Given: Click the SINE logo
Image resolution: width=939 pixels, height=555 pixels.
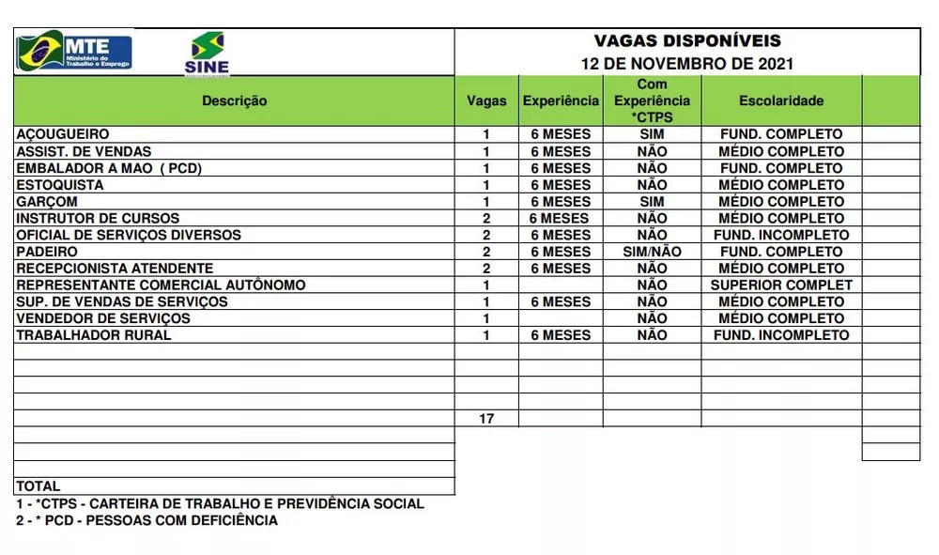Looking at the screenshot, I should (208, 53).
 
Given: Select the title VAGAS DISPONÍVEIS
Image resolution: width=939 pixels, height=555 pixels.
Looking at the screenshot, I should (687, 41).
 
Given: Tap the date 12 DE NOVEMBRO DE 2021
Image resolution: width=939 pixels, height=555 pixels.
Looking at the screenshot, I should (687, 64).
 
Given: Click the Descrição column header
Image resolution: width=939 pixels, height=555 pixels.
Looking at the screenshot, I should (234, 101).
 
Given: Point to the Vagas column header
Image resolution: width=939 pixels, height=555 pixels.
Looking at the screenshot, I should (486, 101).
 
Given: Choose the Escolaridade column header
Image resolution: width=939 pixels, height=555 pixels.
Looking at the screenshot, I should (780, 101).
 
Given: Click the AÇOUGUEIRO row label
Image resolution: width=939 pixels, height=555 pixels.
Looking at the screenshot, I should (63, 134).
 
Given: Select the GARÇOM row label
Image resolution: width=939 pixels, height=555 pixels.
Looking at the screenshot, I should (47, 202).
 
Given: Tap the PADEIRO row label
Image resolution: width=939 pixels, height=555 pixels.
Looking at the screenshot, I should (47, 252).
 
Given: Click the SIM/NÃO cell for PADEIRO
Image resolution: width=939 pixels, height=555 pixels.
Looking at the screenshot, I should (652, 252).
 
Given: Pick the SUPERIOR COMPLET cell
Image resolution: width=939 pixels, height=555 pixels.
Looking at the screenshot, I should (781, 285).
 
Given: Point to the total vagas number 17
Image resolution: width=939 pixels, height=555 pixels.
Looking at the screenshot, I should (486, 419).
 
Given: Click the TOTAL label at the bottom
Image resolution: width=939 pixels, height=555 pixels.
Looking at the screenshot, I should (38, 486).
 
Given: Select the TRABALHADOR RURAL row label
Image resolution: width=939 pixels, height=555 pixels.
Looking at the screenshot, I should (94, 335).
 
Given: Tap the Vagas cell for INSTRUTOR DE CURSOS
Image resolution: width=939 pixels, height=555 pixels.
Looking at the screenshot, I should (486, 219).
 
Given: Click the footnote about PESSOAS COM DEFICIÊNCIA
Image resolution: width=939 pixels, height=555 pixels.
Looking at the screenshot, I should (147, 520).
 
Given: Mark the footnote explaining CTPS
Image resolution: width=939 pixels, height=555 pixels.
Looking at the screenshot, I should (220, 503).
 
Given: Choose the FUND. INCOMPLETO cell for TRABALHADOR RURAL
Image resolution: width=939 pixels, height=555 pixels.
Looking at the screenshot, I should (781, 335).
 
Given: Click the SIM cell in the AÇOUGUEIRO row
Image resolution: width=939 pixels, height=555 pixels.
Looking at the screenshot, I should (652, 134).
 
